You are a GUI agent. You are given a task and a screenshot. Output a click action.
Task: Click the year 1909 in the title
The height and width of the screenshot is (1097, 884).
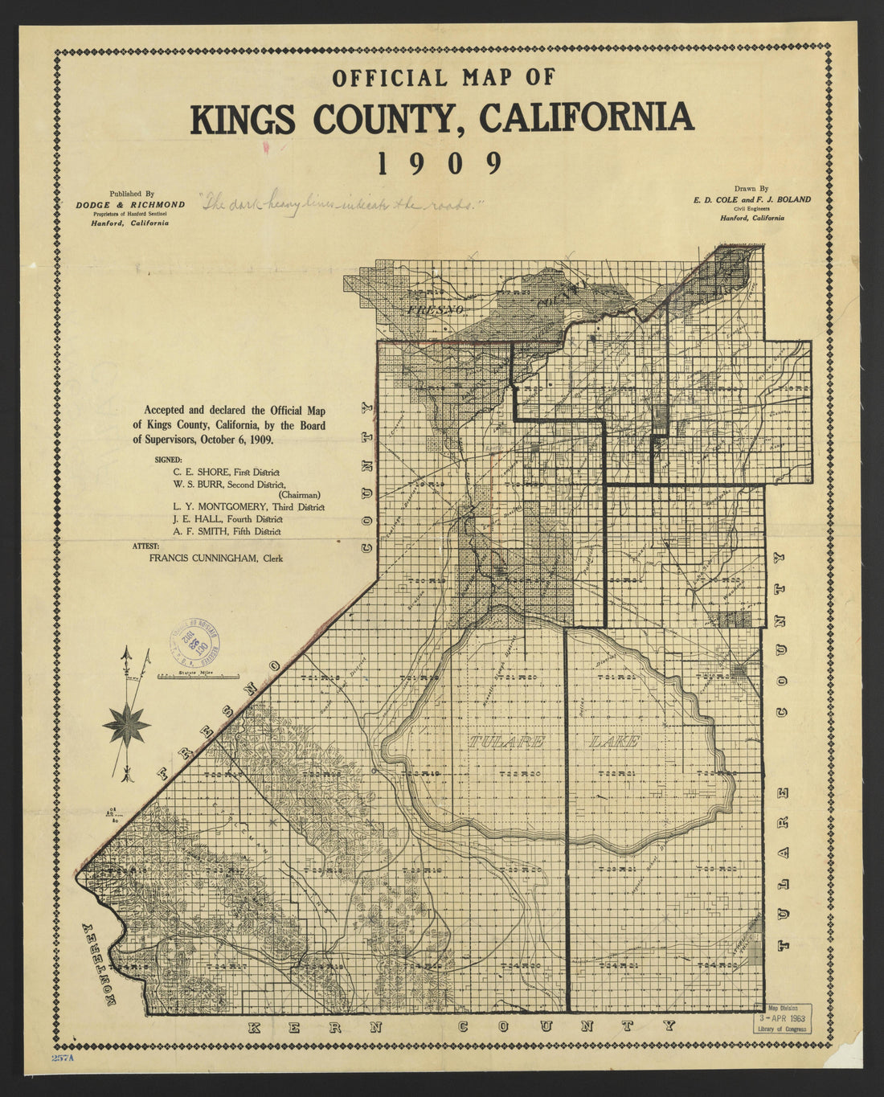(x=440, y=163)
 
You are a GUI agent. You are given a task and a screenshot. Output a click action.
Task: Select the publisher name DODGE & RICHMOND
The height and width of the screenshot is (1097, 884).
(x=130, y=204)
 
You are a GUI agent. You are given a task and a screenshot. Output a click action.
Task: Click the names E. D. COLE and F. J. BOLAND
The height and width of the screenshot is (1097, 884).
(x=752, y=199)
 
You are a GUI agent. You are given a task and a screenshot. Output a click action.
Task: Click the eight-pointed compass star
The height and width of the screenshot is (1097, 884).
(x=126, y=722)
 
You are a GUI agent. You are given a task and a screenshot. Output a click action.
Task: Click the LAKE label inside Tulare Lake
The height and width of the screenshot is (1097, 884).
(x=615, y=741)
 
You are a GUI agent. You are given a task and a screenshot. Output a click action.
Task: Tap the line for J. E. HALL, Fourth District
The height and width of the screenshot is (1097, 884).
(x=227, y=520)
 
